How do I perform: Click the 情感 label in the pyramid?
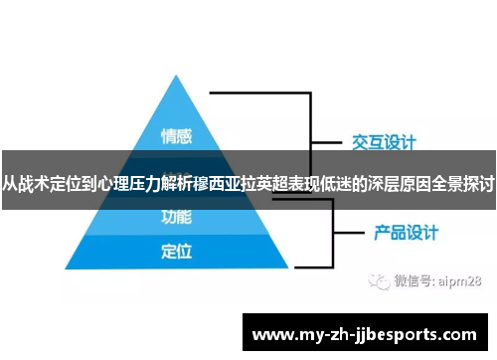pyautogui.click(x=176, y=135)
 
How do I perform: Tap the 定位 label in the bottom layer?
pyautogui.click(x=176, y=252)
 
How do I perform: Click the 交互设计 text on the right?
pyautogui.click(x=384, y=141)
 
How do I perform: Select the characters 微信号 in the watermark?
pyautogui.click(x=412, y=281)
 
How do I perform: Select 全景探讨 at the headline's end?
pyautogui.click(x=463, y=184)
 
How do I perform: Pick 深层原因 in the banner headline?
pyautogui.click(x=400, y=184)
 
